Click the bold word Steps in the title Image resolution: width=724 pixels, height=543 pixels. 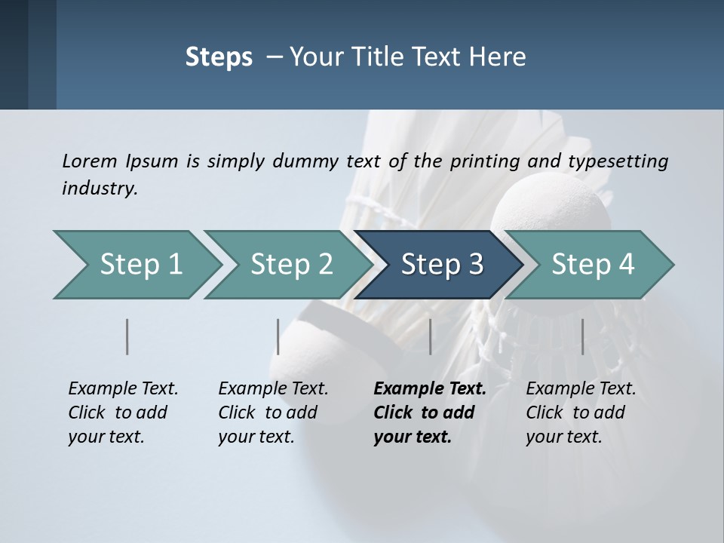point(219,57)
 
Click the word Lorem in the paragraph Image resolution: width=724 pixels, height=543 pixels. point(89,161)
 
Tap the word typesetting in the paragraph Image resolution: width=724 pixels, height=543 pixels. point(618,161)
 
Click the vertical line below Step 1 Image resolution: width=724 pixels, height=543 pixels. point(127,336)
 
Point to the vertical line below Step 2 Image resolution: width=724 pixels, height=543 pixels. point(278,336)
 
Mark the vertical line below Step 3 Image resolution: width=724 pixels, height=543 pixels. point(430,336)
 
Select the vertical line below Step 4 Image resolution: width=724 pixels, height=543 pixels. point(582,336)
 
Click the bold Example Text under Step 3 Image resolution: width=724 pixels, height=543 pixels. point(430,389)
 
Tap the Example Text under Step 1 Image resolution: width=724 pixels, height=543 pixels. point(123,389)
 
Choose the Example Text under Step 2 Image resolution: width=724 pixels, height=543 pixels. point(273,389)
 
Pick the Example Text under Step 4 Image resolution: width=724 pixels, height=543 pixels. point(581,389)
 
